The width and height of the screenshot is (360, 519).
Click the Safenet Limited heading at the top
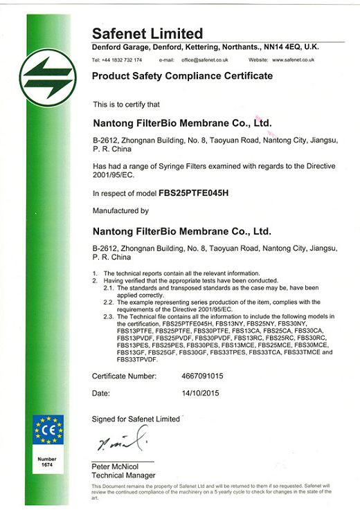point(147,33)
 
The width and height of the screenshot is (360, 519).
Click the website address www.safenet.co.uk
point(291,60)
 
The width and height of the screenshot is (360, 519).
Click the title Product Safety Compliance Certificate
point(182,75)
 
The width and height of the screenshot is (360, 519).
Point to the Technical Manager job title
point(123,475)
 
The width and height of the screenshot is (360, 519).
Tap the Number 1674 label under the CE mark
point(48,462)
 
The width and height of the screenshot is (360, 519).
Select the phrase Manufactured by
point(120,210)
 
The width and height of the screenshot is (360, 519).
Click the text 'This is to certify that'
point(126,104)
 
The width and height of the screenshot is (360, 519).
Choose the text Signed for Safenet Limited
point(136,419)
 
